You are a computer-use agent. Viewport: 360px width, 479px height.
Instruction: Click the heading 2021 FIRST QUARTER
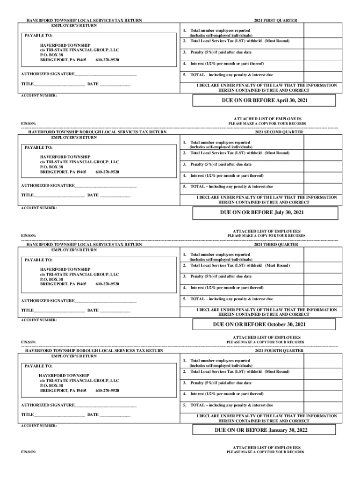pos(275,21)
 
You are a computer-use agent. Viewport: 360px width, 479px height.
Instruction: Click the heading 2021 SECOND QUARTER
pos(279,132)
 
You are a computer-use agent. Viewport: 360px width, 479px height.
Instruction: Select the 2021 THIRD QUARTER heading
pos(276,244)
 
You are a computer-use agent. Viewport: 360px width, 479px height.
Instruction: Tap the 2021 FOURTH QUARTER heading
pos(279,350)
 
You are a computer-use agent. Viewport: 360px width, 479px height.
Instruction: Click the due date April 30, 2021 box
pos(265,101)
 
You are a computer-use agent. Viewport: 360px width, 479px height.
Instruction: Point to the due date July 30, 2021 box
pos(265,212)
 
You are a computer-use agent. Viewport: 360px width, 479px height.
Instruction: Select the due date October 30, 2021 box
pos(265,324)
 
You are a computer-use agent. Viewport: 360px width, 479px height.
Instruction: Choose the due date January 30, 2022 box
pos(265,430)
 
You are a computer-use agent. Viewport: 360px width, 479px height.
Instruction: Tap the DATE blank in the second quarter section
pos(115,195)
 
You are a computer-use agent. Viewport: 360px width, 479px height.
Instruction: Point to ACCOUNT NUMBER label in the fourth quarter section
pos(39,426)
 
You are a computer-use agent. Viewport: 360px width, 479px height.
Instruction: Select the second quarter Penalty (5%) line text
pos(221,164)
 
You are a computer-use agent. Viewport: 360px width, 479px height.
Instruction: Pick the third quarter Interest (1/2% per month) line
pos(227,288)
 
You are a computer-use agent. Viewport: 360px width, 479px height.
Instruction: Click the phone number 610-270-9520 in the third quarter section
pos(107,284)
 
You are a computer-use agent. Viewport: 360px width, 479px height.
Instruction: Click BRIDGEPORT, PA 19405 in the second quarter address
pos(63,172)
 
